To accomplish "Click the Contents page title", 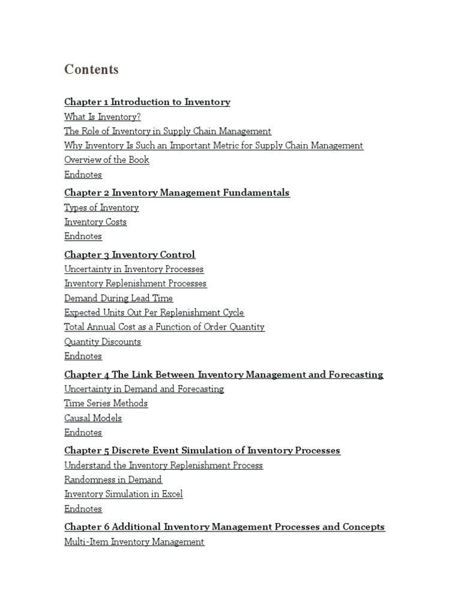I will [x=91, y=70].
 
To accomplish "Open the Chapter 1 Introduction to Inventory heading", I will [x=147, y=102].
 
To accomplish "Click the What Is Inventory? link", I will [x=103, y=117].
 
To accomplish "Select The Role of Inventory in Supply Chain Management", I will [x=167, y=131].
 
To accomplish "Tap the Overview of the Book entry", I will [x=107, y=160].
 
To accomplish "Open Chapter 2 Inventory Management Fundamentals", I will [x=177, y=193].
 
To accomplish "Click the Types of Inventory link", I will [x=101, y=208].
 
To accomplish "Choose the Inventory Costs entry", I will [x=95, y=222].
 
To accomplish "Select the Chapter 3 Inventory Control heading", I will [x=130, y=255].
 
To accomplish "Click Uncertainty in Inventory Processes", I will [x=134, y=269].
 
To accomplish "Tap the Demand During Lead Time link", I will [x=118, y=298].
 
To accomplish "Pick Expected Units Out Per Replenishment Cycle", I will [x=154, y=313].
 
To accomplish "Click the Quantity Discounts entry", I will [x=103, y=342].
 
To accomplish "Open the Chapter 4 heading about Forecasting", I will [x=223, y=375].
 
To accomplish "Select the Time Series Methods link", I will [x=106, y=404].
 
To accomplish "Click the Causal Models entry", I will [x=93, y=418].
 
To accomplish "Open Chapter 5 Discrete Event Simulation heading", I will [x=202, y=450].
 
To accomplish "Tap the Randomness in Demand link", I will [x=113, y=480].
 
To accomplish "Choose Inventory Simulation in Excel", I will [x=124, y=494].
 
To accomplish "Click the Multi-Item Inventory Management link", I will [x=134, y=542].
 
